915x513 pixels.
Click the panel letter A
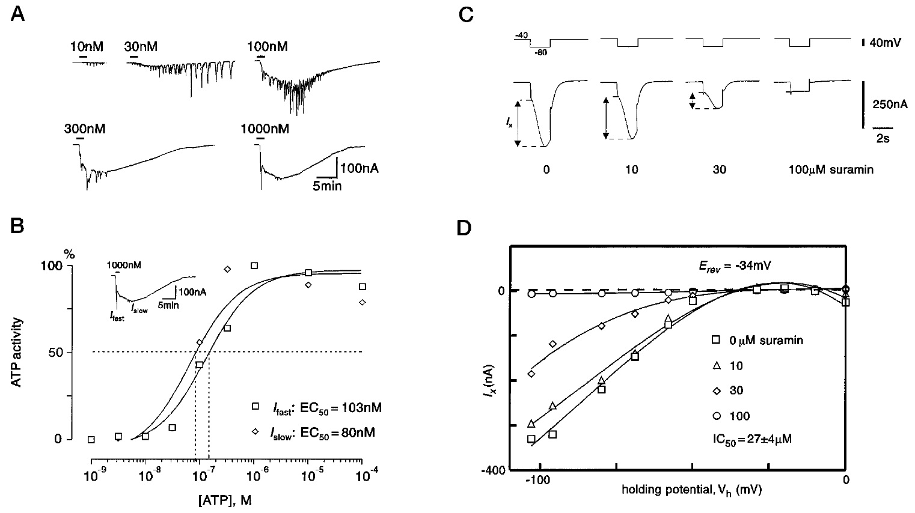coord(17,14)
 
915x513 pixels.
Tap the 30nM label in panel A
coord(141,46)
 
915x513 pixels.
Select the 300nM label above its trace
coord(85,129)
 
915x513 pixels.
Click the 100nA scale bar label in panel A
coord(360,168)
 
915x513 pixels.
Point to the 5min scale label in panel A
coord(327,186)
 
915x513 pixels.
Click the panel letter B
coord(17,226)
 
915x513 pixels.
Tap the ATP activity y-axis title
coord(16,353)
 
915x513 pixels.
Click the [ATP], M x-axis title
coord(225,500)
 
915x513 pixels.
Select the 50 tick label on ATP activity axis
coord(55,352)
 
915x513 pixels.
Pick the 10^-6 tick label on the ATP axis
coord(256,475)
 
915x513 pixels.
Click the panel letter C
coord(466,14)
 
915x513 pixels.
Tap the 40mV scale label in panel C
coord(885,43)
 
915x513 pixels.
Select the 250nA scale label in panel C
coord(890,105)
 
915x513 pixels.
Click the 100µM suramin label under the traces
coord(831,169)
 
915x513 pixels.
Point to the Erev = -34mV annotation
coord(735,266)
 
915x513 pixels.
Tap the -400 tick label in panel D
coord(494,470)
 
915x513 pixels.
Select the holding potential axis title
coord(691,490)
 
